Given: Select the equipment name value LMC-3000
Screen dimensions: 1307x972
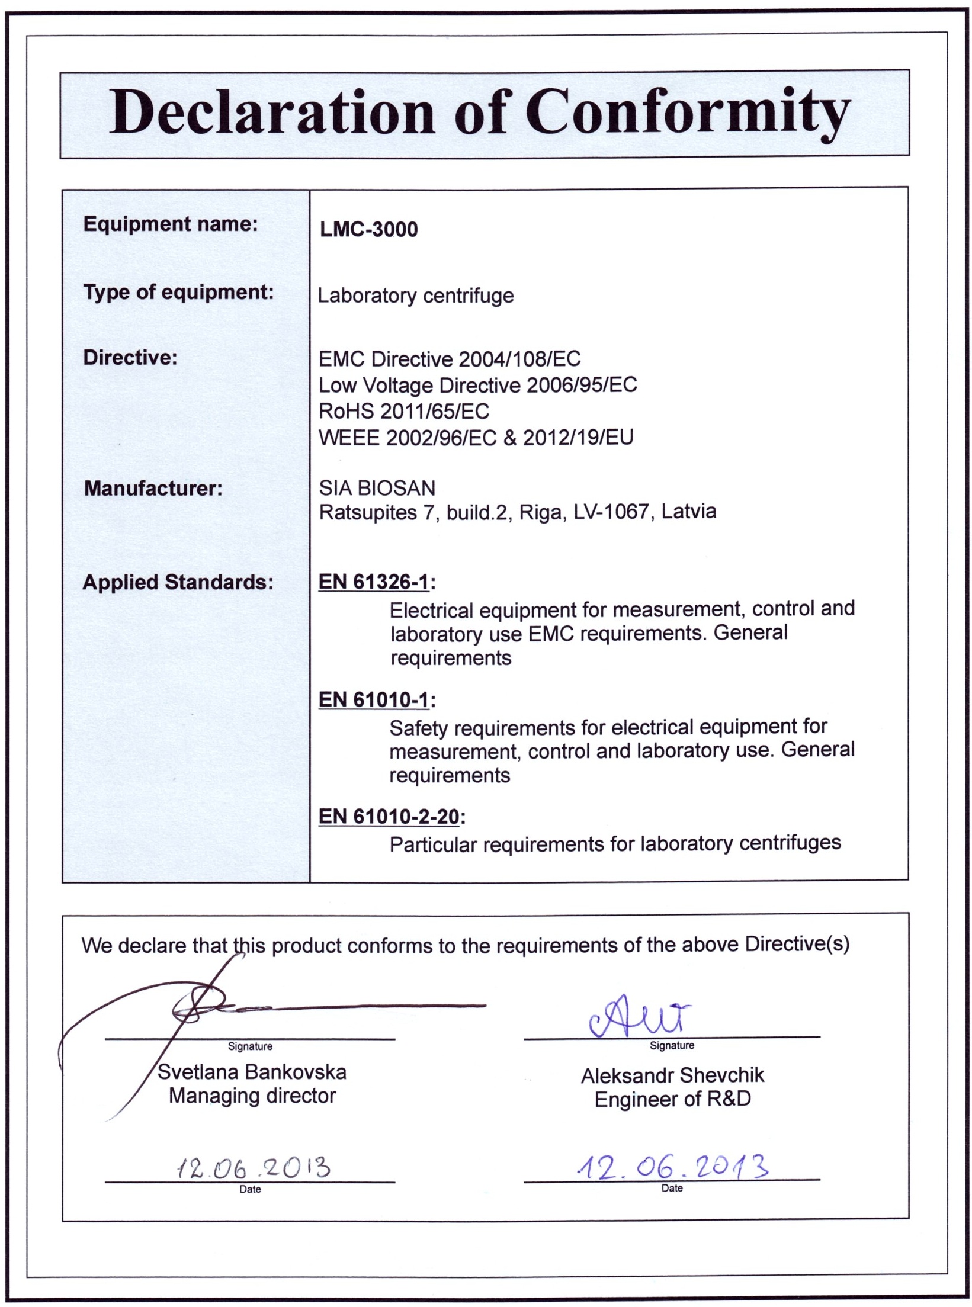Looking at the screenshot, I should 368,229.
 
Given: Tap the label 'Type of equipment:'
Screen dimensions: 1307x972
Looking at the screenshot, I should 178,292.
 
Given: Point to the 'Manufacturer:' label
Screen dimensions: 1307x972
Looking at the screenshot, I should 153,489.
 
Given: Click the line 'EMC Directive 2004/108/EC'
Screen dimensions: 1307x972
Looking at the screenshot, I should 450,359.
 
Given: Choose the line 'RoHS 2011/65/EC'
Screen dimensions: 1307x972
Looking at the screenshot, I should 404,411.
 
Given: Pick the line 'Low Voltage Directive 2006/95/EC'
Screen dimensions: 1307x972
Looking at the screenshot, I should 477,385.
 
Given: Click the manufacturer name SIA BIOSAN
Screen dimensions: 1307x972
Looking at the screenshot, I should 377,488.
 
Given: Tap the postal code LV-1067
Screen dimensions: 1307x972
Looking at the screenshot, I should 611,511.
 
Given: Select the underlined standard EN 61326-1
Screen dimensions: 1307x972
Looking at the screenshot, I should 373,582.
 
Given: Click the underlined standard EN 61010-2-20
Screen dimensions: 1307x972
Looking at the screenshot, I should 389,817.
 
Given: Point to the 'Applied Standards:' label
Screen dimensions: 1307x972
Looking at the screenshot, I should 178,582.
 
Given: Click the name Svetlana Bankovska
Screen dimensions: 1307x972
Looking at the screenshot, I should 252,1072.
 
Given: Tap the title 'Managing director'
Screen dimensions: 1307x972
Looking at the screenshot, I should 252,1096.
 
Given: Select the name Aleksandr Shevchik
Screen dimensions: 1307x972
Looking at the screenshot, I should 672,1075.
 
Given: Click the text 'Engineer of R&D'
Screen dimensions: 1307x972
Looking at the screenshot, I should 672,1099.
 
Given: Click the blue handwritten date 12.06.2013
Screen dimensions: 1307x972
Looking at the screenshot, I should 672,1167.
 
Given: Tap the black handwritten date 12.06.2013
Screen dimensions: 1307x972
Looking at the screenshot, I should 253,1168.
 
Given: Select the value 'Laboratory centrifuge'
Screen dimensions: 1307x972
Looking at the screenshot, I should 416,296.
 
